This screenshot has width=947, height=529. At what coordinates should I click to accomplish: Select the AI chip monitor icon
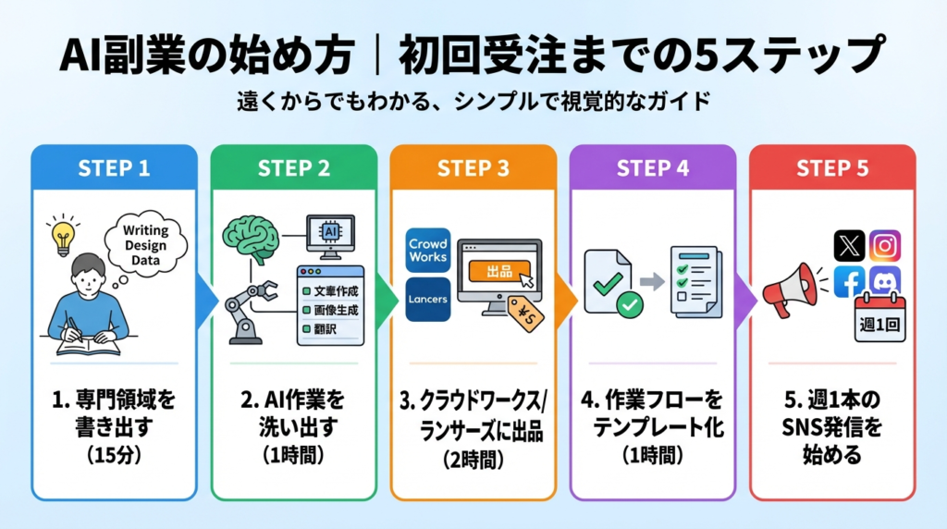point(330,233)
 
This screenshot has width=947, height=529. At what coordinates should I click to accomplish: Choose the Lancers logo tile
point(427,300)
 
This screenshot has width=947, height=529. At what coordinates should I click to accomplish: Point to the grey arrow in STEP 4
point(653,280)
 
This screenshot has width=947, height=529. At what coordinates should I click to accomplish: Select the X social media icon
point(849,246)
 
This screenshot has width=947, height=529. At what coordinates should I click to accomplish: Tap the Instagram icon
point(885,246)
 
